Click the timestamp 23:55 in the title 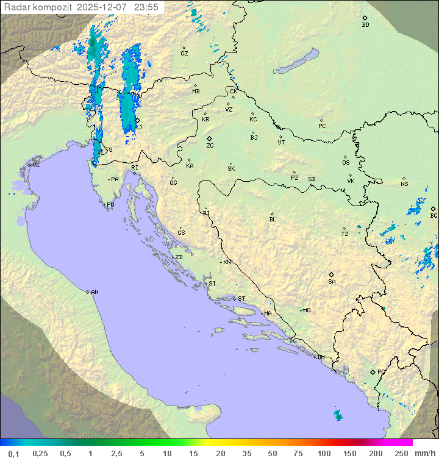pos(146,7)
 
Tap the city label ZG pos(210,146)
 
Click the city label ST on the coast pos(241,299)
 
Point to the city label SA pos(332,281)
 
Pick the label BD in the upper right pos(365,25)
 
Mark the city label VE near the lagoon pos(36,165)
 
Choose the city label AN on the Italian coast pos(95,292)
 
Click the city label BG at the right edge pos(434,215)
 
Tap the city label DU pos(320,357)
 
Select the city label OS pos(346,163)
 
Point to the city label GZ pos(184,54)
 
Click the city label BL pos(273,219)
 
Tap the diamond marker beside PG pos(373,371)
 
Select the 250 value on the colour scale pos(401,453)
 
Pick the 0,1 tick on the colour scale pos(13,453)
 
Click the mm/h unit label pos(425,453)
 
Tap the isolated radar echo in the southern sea pos(338,415)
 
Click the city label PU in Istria pos(110,205)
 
